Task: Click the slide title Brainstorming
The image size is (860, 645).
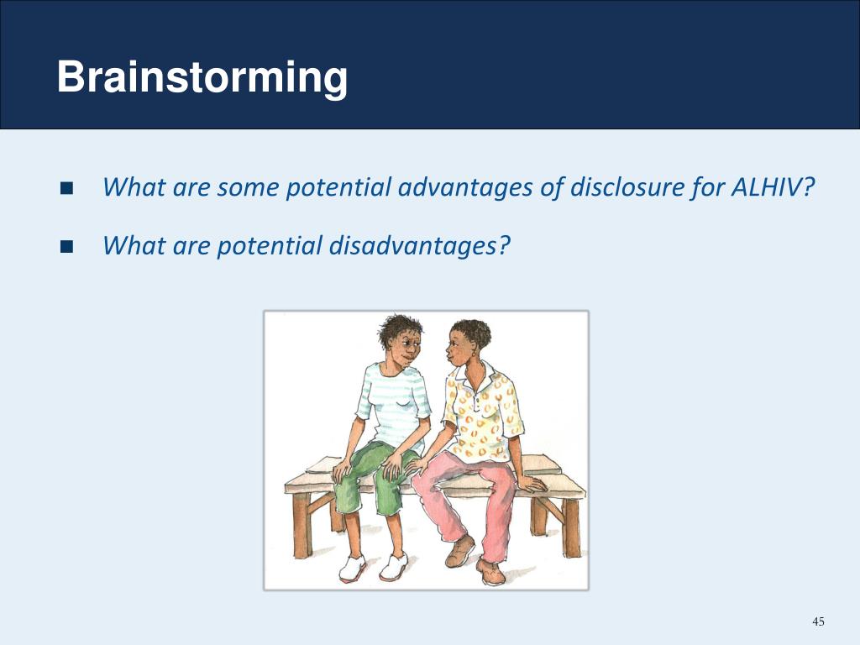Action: (x=202, y=78)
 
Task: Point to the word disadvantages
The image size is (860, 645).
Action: (x=419, y=246)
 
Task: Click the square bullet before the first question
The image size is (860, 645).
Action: (x=67, y=187)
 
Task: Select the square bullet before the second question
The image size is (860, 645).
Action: (x=67, y=247)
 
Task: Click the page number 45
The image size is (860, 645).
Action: (x=818, y=621)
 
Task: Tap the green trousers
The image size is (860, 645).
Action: (x=374, y=479)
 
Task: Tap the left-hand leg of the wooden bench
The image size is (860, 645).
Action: (x=300, y=525)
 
